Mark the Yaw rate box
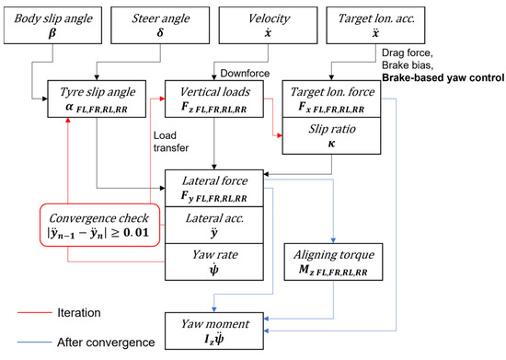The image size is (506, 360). pyautogui.click(x=216, y=261)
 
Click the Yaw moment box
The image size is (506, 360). pyautogui.click(x=216, y=328)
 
